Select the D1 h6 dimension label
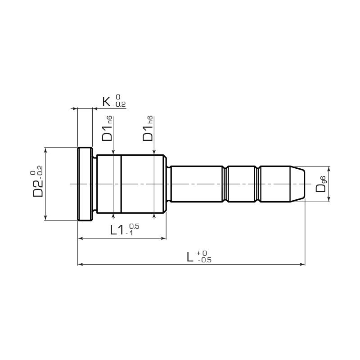(148, 129)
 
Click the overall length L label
(191, 257)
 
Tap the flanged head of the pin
(85, 184)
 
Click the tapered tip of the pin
(298, 184)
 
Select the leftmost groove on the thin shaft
(225, 184)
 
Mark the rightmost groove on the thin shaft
(258, 184)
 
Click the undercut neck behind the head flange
(95, 184)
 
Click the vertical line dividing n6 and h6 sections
(121, 184)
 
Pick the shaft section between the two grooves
(242, 184)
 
